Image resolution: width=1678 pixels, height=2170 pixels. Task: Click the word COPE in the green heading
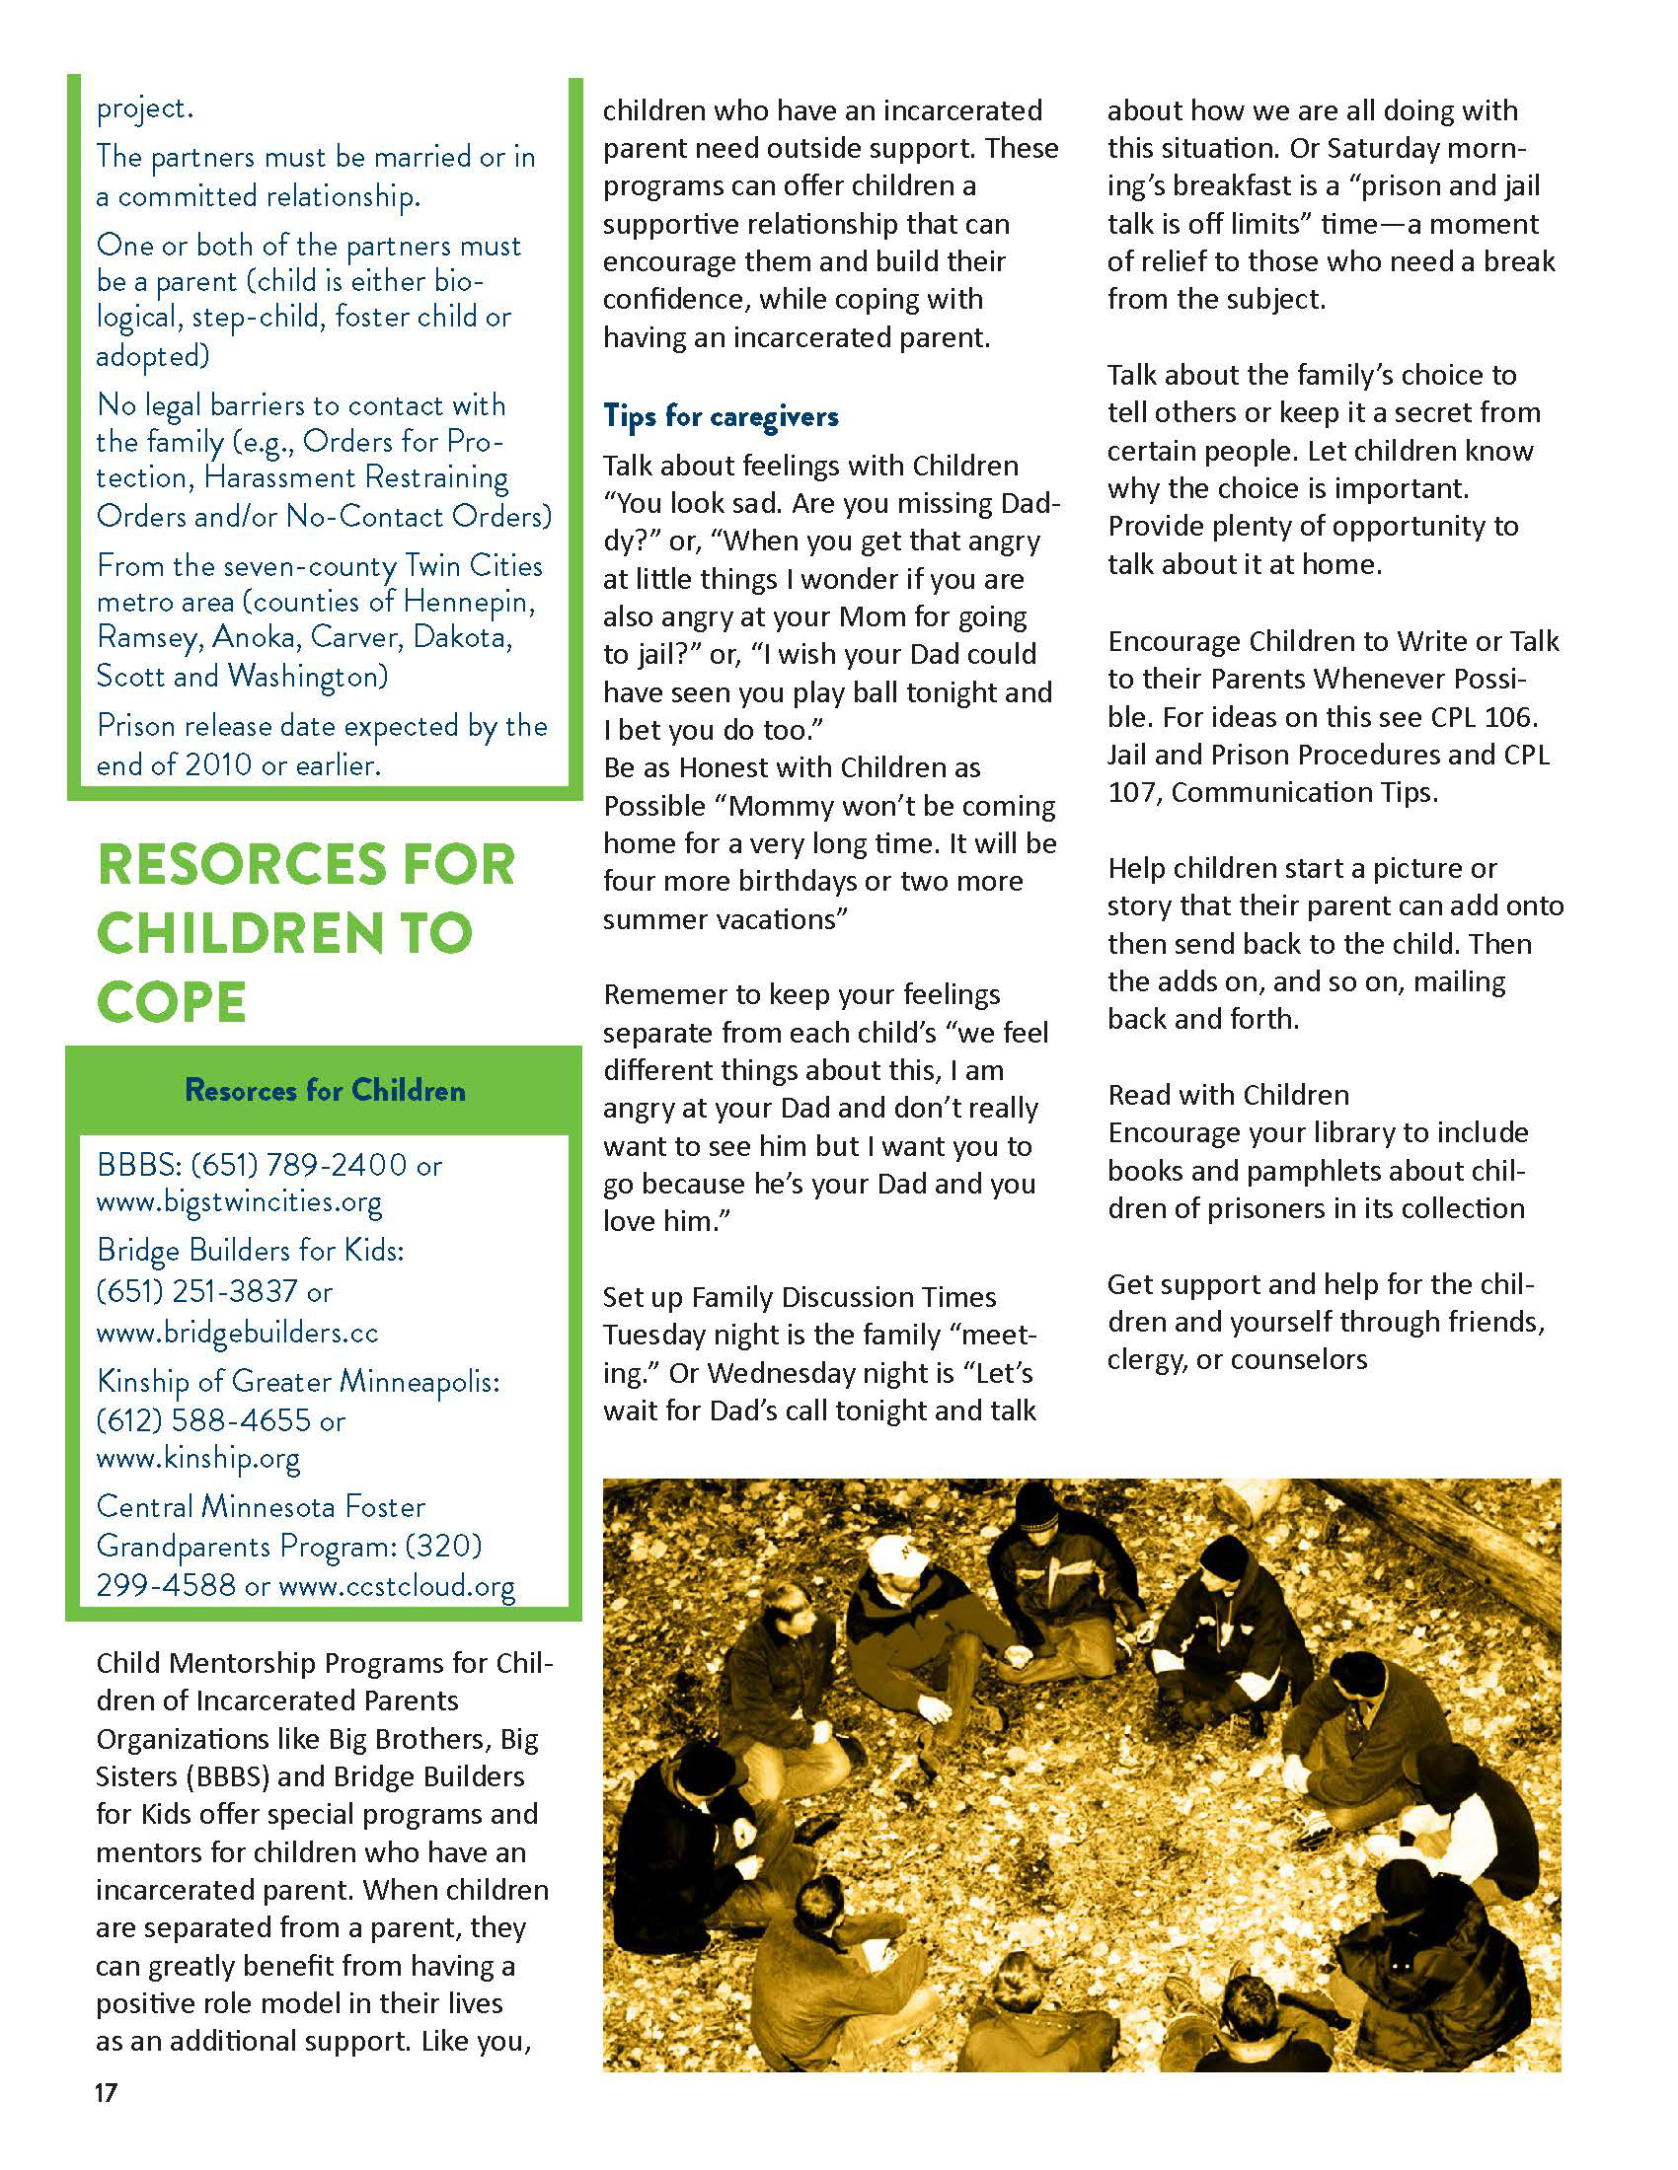coord(171,1000)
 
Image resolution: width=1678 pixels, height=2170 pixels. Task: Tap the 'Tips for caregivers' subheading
coord(721,415)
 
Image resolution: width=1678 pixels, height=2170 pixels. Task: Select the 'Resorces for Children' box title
coord(325,1090)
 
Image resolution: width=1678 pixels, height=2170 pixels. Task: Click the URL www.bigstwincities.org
coord(239,1201)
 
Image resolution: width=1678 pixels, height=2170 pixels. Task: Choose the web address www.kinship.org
coord(197,1458)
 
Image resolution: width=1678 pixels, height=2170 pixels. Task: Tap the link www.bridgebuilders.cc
coord(238,1332)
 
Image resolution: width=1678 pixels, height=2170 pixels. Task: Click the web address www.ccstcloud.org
coord(397,1585)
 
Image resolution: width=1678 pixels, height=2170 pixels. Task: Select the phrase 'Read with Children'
coord(1229,1095)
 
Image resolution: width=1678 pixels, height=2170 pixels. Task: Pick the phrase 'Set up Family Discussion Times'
coord(800,1297)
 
